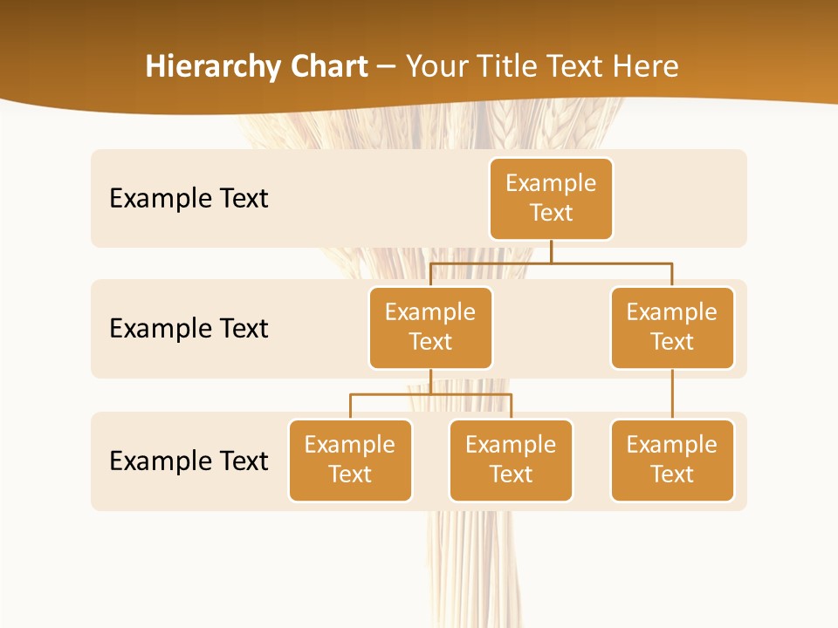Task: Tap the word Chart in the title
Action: (x=325, y=66)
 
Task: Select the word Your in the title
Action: (x=436, y=66)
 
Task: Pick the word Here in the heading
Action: (x=645, y=66)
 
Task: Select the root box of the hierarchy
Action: (x=551, y=198)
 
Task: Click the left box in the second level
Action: (x=430, y=327)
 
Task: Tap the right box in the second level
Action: (x=672, y=327)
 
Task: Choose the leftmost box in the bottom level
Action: (x=350, y=460)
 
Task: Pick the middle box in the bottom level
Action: (x=511, y=460)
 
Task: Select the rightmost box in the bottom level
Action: (x=672, y=460)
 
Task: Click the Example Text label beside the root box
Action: (x=189, y=198)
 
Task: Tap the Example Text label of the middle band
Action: (x=189, y=328)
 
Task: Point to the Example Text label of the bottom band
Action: (x=189, y=461)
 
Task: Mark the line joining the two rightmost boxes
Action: (x=672, y=394)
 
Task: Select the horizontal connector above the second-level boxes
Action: (x=551, y=263)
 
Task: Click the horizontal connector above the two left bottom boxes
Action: (x=430, y=394)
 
